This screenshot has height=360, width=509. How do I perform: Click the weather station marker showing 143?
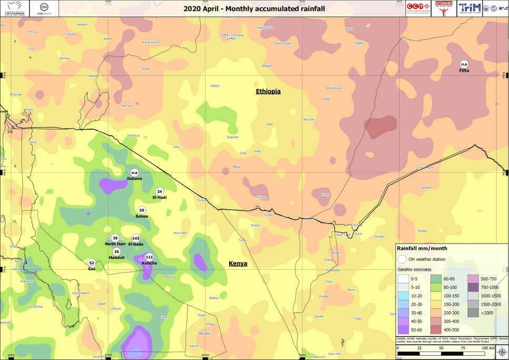click(135, 238)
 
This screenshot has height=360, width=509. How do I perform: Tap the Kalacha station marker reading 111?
click(149, 257)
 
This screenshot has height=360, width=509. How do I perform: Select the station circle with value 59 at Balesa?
click(142, 211)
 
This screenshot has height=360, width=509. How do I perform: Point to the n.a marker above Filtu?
click(464, 64)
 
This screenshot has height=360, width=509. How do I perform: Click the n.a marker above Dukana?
click(134, 172)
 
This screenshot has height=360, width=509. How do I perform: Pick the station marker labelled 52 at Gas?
click(91, 262)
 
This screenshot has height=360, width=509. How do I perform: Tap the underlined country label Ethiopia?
click(268, 92)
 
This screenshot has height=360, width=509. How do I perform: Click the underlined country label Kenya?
click(238, 264)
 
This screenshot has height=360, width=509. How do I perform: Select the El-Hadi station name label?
click(160, 197)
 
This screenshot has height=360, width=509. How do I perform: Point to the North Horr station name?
click(115, 244)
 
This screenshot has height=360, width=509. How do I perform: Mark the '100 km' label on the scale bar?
click(487, 348)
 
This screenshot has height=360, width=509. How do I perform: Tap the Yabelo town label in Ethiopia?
click(215, 85)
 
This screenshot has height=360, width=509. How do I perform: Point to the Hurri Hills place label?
click(180, 233)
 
